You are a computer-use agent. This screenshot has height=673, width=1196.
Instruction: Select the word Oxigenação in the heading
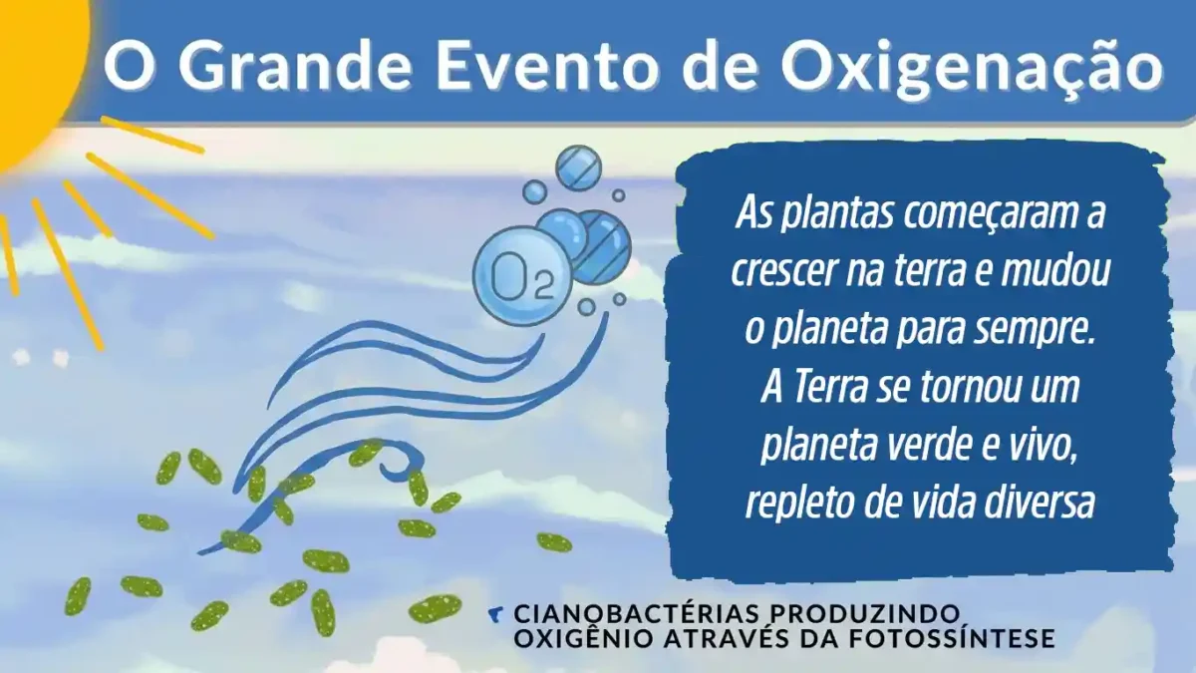[972, 66]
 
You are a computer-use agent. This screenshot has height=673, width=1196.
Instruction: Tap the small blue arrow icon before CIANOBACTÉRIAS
[496, 612]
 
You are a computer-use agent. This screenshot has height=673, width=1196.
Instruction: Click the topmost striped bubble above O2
[578, 168]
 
